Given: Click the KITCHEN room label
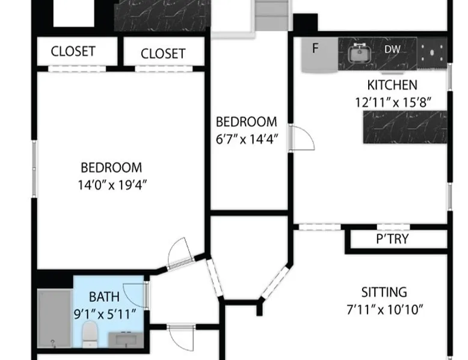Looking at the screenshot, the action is click(x=392, y=85).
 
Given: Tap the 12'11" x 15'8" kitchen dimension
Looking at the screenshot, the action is click(x=393, y=102).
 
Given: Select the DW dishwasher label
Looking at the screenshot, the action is click(x=392, y=49).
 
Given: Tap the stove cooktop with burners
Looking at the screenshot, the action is click(x=432, y=53).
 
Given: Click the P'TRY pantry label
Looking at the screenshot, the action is click(x=392, y=239).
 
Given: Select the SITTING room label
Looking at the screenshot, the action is click(x=384, y=292).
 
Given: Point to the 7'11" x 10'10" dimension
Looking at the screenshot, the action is click(x=385, y=310).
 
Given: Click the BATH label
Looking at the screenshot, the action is click(x=104, y=297).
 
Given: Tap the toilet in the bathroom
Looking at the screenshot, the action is click(x=90, y=334).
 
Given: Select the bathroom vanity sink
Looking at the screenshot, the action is click(x=126, y=340).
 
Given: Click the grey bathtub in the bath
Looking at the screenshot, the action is click(x=54, y=319).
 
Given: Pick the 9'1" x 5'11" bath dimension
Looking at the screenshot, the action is click(x=105, y=314).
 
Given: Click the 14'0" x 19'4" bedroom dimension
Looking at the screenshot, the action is click(x=112, y=185).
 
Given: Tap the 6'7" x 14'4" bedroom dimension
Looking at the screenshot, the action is click(x=247, y=139).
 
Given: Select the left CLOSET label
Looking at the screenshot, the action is click(x=73, y=51).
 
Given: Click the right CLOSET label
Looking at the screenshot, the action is click(x=163, y=53).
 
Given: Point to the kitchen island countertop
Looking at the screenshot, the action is click(x=405, y=127).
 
